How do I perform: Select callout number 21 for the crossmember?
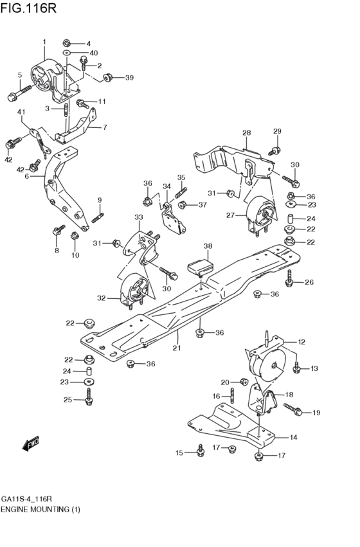tap(177, 348)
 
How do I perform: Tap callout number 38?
tap(208, 246)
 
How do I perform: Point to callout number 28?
tap(246, 133)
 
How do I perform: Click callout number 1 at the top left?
tap(44, 42)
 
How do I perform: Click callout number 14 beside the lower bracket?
tap(293, 438)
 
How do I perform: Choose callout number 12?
tap(301, 342)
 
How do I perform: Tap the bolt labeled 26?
tap(291, 278)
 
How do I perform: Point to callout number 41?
tap(21, 113)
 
